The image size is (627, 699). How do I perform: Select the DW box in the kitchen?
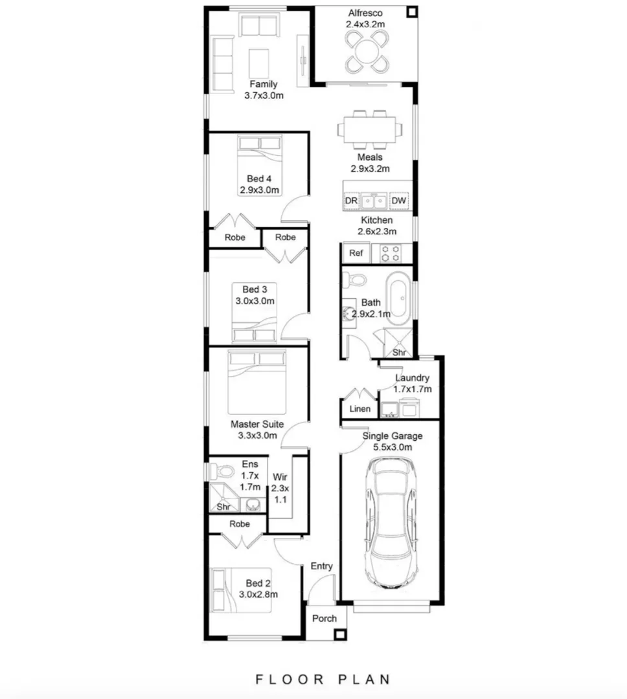(399, 201)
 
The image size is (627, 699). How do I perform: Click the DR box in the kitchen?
(351, 201)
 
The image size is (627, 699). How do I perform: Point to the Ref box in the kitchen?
(356, 253)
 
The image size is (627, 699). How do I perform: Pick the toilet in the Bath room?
(356, 280)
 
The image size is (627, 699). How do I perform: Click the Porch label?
(325, 618)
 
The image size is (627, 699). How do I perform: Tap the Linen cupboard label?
(359, 408)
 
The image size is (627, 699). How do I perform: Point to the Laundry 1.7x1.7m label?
(413, 383)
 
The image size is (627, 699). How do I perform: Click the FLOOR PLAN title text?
(323, 679)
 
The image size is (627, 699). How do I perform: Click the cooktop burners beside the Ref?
(391, 253)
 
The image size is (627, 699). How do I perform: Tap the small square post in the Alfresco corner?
(411, 12)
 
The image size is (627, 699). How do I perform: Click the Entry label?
(321, 566)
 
